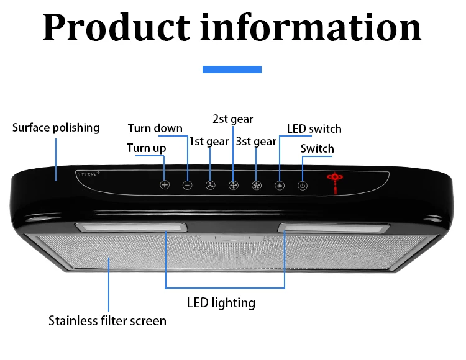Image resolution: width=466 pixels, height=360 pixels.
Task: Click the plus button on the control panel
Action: coord(165,185)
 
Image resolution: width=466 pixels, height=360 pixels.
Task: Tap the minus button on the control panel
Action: coord(188,185)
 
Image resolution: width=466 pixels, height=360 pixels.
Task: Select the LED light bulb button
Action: coord(280,185)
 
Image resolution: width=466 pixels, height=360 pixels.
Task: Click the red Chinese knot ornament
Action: coord(336,181)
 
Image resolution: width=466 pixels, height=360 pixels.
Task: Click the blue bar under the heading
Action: coord(232,70)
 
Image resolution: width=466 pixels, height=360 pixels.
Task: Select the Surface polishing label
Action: coord(56,128)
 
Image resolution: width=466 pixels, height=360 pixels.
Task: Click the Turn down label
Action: coord(155,128)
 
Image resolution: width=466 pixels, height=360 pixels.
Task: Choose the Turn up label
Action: coord(147,148)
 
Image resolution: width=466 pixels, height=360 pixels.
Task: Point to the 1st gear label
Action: coord(209,142)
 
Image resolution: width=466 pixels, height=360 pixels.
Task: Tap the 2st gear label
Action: coord(233,119)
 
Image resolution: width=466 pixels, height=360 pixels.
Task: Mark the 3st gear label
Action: coord(256,142)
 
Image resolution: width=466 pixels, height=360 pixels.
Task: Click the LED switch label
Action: coord(314,129)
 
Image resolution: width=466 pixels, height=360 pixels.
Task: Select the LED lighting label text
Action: coord(221,303)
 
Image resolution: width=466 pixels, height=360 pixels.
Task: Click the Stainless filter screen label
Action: coord(107,321)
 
